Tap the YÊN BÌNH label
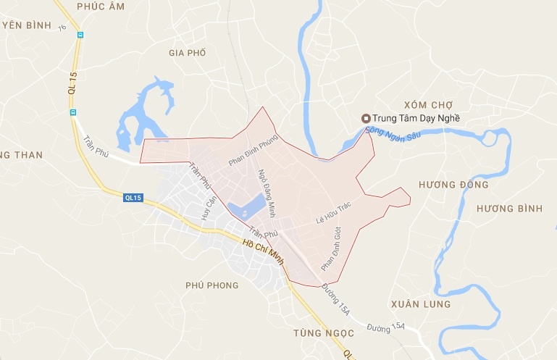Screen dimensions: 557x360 [27, 25]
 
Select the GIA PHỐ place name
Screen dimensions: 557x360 [187, 53]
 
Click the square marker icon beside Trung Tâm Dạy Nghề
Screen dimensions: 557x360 [366, 119]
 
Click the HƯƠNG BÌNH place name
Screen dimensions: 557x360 [509, 209]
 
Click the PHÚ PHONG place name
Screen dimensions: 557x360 [212, 285]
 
